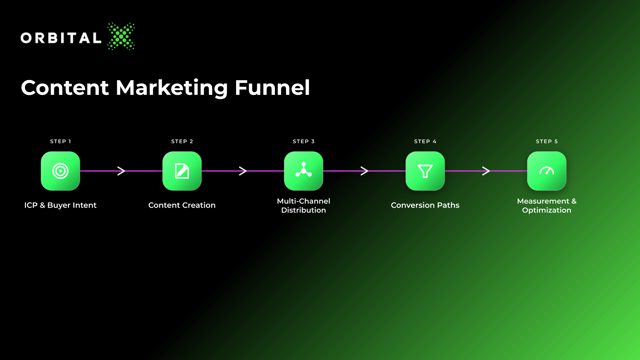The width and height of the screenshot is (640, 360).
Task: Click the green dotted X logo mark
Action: tap(121, 36)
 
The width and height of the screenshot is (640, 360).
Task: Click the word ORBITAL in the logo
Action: tap(61, 38)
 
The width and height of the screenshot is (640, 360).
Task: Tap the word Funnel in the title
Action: tap(272, 87)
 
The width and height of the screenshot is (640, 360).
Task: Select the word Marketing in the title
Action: tap(172, 88)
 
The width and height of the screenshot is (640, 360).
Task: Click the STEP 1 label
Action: tap(61, 141)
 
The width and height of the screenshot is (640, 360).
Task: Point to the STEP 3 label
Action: tap(304, 141)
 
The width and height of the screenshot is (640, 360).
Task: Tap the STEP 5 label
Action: tap(547, 141)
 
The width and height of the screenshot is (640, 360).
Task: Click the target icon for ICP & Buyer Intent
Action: tap(60, 171)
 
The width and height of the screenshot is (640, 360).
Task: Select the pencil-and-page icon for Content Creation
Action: tap(182, 171)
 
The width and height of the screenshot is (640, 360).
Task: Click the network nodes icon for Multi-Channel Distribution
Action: tap(304, 170)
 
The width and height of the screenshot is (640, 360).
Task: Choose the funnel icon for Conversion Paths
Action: tap(425, 171)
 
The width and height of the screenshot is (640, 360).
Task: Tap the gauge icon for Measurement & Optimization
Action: tap(547, 171)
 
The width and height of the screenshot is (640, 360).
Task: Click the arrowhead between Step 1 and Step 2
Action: tap(121, 171)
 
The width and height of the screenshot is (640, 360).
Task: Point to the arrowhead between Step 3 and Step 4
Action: tap(364, 171)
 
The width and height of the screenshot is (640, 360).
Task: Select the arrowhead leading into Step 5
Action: tap(486, 171)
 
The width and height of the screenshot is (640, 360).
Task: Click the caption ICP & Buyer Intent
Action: tap(60, 205)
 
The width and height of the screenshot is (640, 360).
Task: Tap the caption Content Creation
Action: tap(182, 205)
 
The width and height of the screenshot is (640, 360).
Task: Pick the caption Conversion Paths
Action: tap(425, 205)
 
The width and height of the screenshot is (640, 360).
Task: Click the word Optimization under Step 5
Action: tap(547, 210)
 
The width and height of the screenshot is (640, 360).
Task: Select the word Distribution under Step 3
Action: tap(304, 210)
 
